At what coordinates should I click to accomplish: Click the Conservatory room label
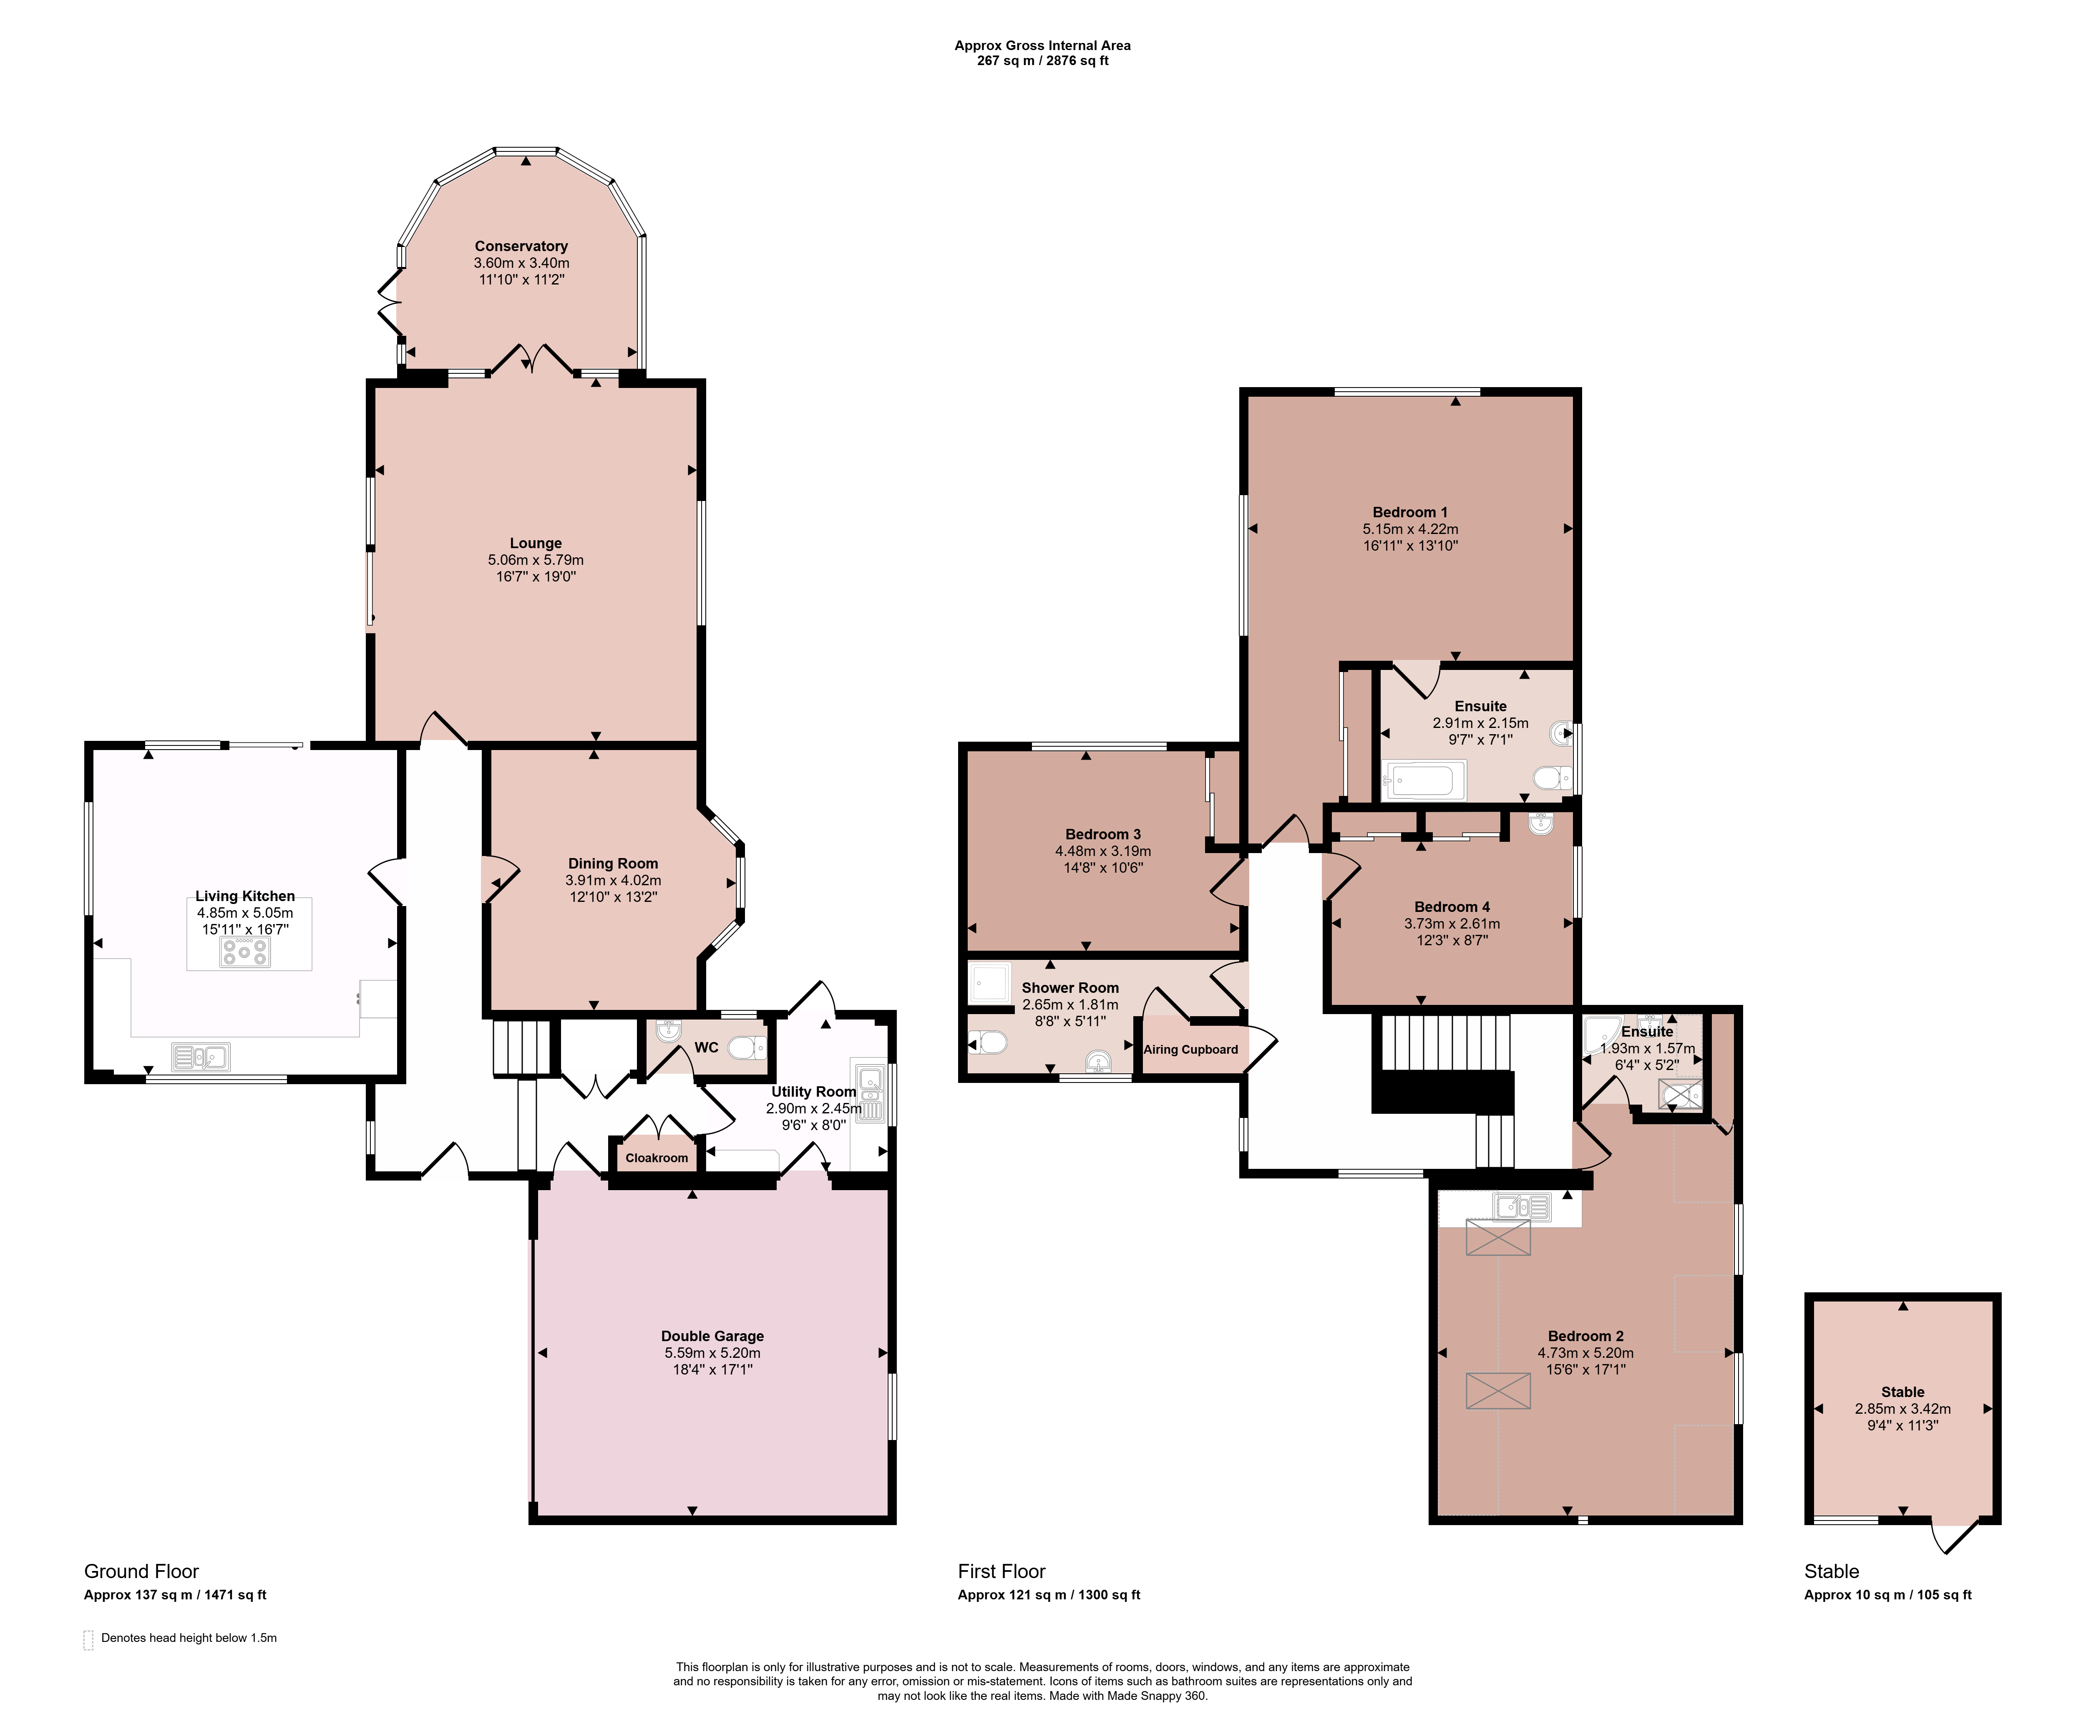point(521,246)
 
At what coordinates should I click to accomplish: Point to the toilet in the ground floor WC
point(747,1047)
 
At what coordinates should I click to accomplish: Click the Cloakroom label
point(657,1158)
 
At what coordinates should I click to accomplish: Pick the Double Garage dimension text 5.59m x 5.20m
point(712,1353)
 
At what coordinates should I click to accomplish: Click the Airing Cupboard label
point(1190,1050)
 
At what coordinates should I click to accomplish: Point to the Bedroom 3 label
point(1103,834)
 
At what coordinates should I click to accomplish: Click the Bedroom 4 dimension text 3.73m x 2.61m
point(1451,924)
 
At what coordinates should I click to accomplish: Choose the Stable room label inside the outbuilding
point(1902,1392)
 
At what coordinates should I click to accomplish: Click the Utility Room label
point(813,1091)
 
